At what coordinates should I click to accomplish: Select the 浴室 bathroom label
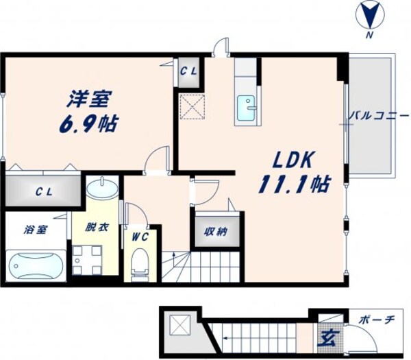pos(36,229)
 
